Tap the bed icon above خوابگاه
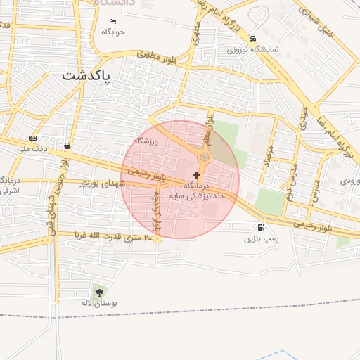(112, 21)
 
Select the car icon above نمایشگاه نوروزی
(252, 39)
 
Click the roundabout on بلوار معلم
(204, 156)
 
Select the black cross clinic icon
(196, 174)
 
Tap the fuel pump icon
(262, 227)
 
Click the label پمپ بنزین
(262, 239)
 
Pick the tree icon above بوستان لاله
(98, 291)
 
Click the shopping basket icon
(67, 146)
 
